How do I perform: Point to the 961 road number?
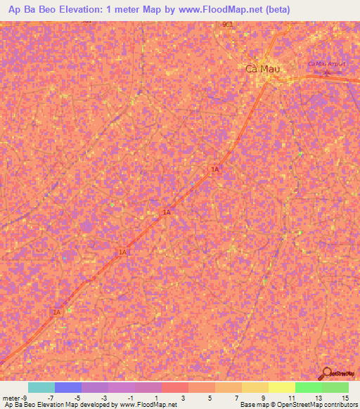(x=226, y=24)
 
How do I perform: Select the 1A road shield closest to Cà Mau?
(x=215, y=169)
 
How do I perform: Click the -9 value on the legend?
(x=25, y=397)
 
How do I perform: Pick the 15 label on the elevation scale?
(x=345, y=397)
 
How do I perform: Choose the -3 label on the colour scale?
(x=105, y=397)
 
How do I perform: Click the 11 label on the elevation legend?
(x=291, y=397)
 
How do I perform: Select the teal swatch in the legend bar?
(x=41, y=387)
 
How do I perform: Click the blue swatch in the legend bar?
(x=68, y=387)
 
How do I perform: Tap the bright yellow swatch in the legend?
(x=282, y=387)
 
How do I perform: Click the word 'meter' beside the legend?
(x=11, y=397)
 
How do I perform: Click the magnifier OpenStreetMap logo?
(x=327, y=373)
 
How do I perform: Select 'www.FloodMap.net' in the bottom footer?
(x=148, y=405)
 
